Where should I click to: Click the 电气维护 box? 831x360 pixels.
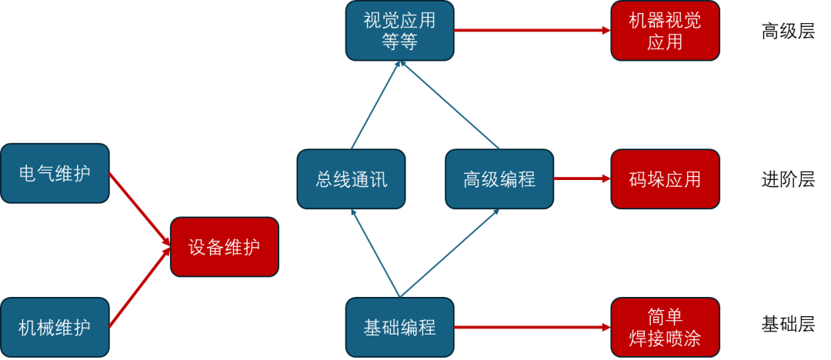pyautogui.click(x=55, y=173)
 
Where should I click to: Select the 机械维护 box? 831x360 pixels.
pyautogui.click(x=55, y=328)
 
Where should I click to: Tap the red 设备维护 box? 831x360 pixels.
pyautogui.click(x=224, y=247)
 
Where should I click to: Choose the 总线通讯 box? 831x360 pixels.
pyautogui.click(x=351, y=179)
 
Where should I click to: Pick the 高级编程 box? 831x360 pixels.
pyautogui.click(x=499, y=179)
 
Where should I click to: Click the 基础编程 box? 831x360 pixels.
pyautogui.click(x=399, y=328)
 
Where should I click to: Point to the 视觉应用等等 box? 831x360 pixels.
pyautogui.click(x=399, y=31)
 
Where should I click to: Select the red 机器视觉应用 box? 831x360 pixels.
pyautogui.click(x=665, y=31)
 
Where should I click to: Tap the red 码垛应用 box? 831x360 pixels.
pyautogui.click(x=665, y=179)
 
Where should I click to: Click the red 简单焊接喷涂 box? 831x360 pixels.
pyautogui.click(x=665, y=328)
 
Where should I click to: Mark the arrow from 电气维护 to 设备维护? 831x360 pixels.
pyautogui.click(x=139, y=208)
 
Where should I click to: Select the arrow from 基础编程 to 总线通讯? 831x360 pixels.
pyautogui.click(x=375, y=254)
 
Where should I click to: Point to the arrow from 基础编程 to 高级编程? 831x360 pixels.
pyautogui.click(x=449, y=254)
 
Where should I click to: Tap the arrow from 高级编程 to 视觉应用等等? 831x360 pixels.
pyautogui.click(x=449, y=105)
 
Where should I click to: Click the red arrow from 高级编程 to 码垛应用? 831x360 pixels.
pyautogui.click(x=582, y=179)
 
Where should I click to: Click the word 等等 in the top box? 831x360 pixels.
pyautogui.click(x=399, y=42)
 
